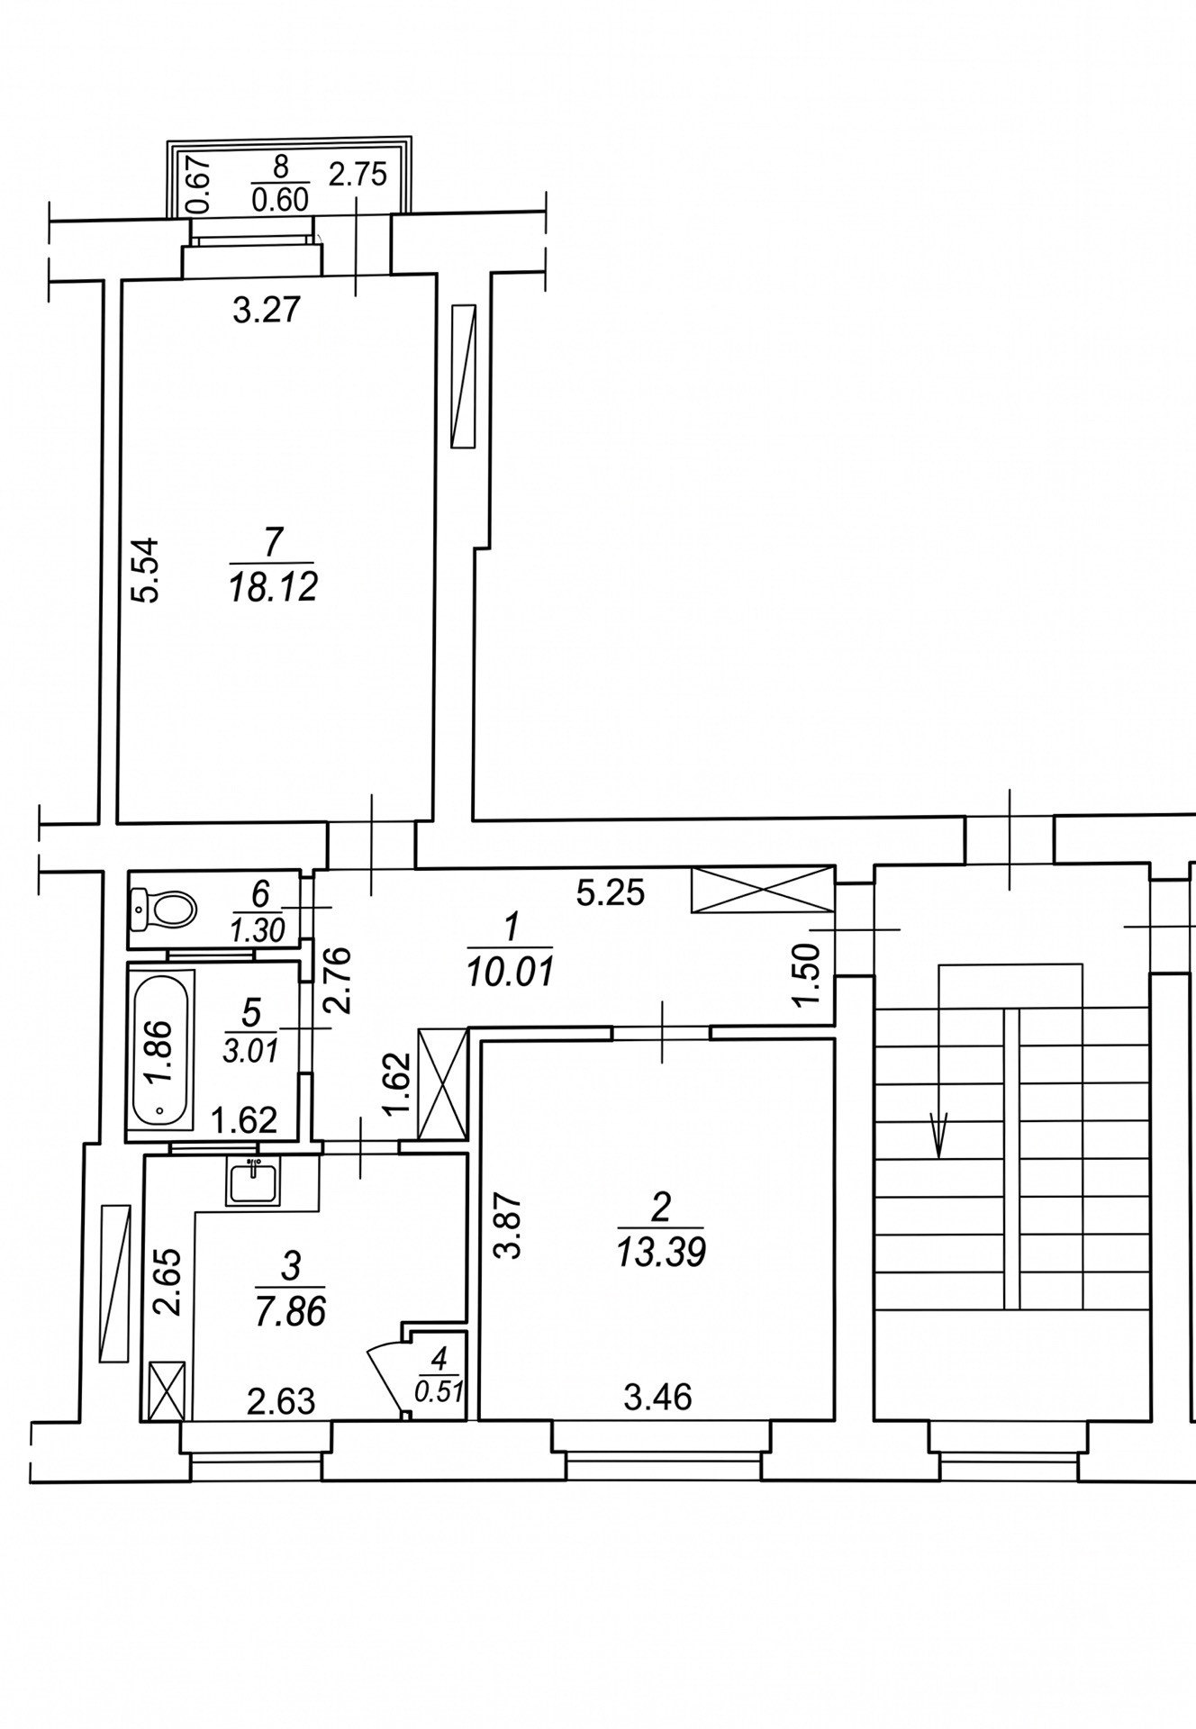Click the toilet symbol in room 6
pos(164,910)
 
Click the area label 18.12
pos(273,588)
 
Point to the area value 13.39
pos(661,1253)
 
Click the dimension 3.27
pos(266,312)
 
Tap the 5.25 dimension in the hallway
pos(612,892)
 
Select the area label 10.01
pos(510,973)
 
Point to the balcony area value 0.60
pos(280,199)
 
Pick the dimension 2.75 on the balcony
pos(358,174)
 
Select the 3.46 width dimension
pos(658,1398)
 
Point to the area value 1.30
pos(259,930)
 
